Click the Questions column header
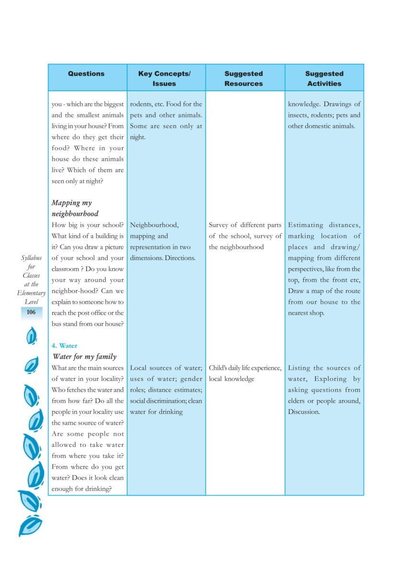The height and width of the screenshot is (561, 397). [86, 74]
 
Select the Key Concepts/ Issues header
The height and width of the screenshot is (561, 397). [164, 78]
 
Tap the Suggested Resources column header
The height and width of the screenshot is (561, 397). [243, 78]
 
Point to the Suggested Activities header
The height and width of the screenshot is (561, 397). [324, 78]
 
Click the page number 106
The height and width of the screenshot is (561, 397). [31, 312]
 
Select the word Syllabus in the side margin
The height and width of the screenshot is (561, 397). [31, 258]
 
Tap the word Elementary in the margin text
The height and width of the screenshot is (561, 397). [31, 293]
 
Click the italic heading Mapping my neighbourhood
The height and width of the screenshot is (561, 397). [75, 208]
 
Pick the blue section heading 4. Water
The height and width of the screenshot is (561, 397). [65, 345]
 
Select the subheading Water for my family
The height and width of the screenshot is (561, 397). [85, 356]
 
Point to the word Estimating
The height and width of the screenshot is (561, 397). [306, 225]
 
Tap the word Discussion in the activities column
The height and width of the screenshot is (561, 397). [304, 412]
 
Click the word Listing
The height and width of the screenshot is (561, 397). [299, 368]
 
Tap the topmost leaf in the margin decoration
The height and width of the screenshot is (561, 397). [32, 336]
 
